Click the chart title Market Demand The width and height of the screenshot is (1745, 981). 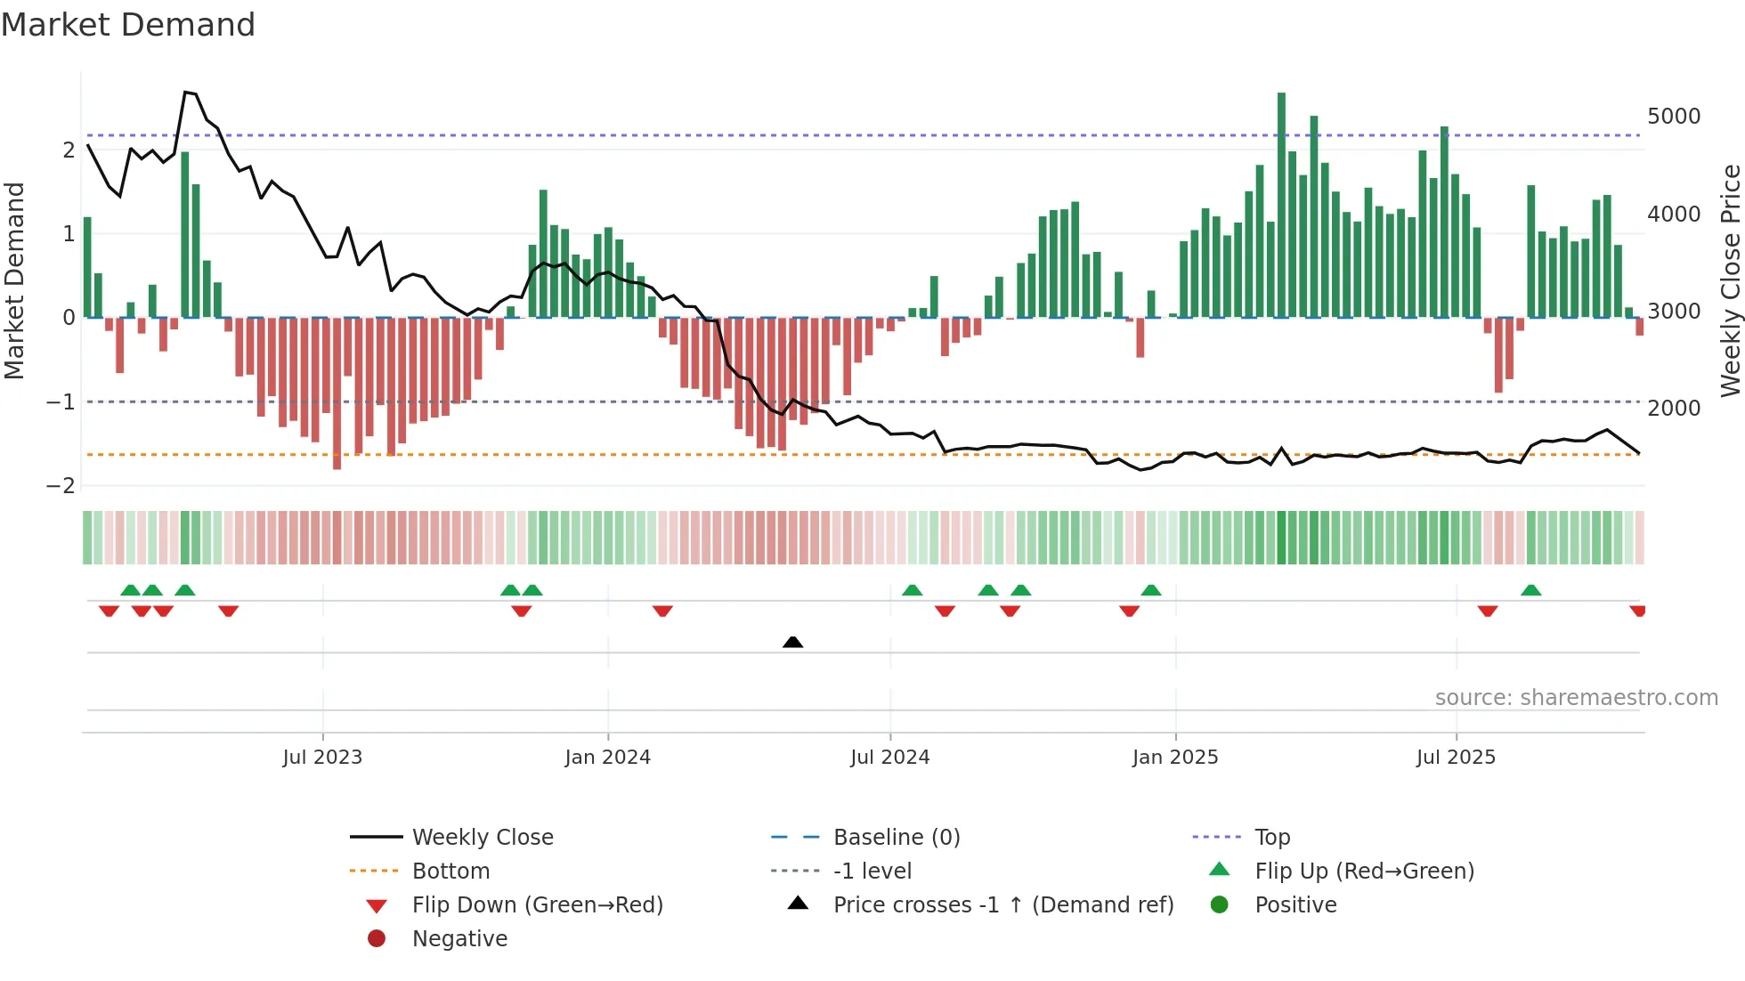pos(128,25)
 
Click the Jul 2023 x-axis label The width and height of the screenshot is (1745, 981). pos(322,758)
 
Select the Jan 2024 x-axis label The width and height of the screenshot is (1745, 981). pos(607,758)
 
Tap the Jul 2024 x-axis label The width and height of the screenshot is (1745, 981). pos(889,758)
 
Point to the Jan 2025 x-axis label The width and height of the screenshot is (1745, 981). pos(1174,758)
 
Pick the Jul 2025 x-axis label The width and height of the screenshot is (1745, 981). pos(1456,758)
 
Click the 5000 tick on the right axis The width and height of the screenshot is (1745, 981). pos(1673,117)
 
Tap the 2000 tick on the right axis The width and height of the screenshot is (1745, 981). pos(1673,409)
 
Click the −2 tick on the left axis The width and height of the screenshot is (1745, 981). pos(61,486)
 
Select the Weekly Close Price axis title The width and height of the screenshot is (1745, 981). pos(1730,280)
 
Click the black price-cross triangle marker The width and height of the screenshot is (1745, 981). pos(792,642)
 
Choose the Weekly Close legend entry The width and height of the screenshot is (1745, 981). pos(482,838)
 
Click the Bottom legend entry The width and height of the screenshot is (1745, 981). pos(450,872)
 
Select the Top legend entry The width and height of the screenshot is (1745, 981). pos(1271,838)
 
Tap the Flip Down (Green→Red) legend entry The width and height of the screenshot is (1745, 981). pos(537,905)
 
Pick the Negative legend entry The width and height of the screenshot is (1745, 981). pos(459,939)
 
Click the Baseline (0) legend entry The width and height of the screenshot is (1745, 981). pos(896,838)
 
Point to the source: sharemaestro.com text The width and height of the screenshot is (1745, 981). pos(1576,698)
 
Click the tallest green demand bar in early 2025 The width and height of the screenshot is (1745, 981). pos(1281,205)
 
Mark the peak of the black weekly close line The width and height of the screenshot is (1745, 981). pos(185,92)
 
